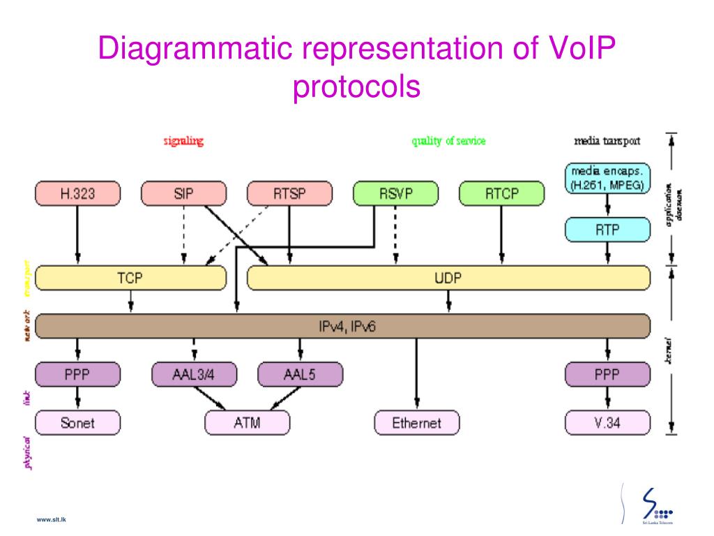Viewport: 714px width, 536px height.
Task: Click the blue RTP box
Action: (x=607, y=230)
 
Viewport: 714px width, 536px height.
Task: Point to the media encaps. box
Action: (x=607, y=178)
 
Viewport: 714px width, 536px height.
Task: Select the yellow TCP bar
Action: (x=130, y=278)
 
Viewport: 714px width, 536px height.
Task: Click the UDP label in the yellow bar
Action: (x=448, y=278)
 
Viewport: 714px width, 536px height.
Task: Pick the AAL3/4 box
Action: (x=194, y=374)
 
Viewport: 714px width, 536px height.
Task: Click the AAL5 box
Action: (x=300, y=374)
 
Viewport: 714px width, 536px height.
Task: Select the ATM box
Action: (x=247, y=422)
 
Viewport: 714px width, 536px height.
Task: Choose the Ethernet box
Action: (x=416, y=422)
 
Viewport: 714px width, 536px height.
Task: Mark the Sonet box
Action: (x=77, y=422)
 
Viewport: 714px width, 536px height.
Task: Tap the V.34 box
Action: (x=607, y=422)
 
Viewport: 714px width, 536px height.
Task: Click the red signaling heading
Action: (x=183, y=141)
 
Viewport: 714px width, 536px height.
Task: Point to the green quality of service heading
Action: (x=448, y=141)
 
